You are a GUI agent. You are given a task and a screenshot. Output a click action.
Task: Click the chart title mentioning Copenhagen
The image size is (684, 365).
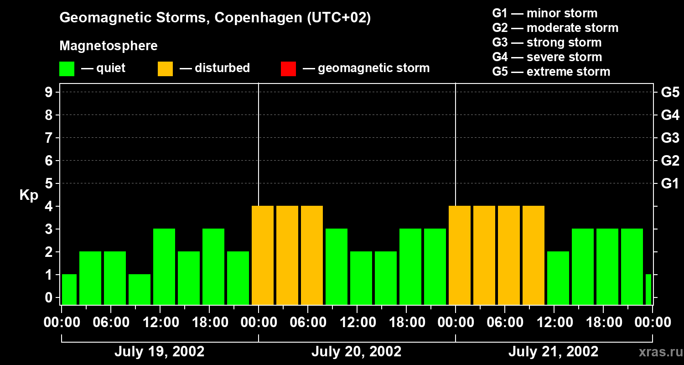[x=215, y=18]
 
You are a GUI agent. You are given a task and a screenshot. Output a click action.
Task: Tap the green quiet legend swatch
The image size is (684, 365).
[x=67, y=68]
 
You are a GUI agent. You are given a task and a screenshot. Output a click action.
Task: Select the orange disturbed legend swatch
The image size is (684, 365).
[x=165, y=68]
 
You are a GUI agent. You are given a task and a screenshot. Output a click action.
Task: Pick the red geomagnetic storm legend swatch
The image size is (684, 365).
[x=288, y=68]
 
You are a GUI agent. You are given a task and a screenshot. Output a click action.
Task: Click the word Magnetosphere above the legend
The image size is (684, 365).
[x=109, y=46]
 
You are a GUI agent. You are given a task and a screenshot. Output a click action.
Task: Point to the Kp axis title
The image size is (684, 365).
[x=29, y=195]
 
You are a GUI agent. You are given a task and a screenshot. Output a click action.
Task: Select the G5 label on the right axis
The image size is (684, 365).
[x=670, y=92]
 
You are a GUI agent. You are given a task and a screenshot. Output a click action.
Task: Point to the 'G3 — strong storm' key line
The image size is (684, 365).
[x=547, y=42]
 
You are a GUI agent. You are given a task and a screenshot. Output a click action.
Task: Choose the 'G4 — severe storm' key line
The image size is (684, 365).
[x=547, y=57]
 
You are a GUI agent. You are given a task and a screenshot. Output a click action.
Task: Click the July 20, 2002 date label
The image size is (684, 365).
[x=356, y=352]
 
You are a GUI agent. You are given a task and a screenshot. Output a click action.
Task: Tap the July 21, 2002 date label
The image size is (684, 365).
[x=553, y=352]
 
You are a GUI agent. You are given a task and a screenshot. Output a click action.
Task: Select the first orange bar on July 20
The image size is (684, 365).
[x=263, y=255]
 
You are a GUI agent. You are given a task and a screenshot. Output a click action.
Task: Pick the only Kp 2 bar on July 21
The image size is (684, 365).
[x=558, y=278]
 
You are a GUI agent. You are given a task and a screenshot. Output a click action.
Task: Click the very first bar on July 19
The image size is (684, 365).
[x=69, y=289]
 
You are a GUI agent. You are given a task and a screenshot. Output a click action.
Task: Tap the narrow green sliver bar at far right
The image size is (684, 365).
[x=648, y=289]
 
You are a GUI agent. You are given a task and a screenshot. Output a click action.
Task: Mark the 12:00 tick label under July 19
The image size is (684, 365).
[x=161, y=323]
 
